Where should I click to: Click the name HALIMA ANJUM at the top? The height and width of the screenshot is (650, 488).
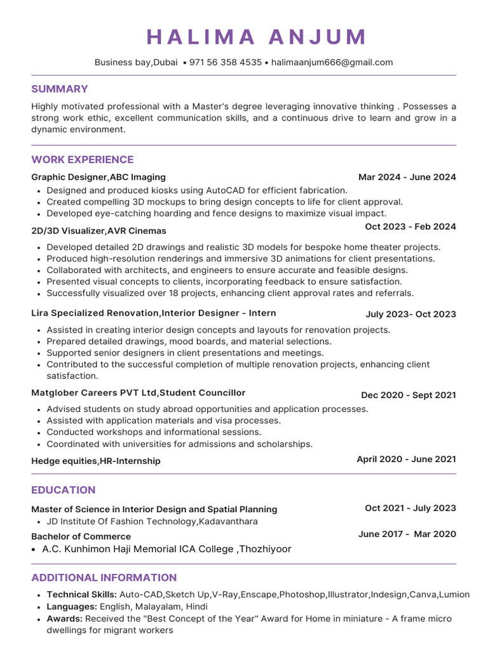coord(257,37)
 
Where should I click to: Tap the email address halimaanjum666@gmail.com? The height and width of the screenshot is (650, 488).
coord(332,62)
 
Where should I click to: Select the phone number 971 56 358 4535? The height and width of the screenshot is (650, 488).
coord(226,62)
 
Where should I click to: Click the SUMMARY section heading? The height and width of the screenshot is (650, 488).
coord(60,89)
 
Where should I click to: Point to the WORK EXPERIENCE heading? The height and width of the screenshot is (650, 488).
coord(83,159)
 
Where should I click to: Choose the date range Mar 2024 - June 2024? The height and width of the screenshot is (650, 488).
coord(407,177)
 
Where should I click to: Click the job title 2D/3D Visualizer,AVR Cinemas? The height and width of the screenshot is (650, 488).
coord(98,230)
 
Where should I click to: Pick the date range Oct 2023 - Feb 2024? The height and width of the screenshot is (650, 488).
coord(410,227)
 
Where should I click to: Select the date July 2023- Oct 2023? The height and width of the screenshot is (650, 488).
coord(410,314)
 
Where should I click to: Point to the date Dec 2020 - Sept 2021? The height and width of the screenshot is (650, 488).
coord(408,395)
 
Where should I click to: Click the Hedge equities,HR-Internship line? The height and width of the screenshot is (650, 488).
coord(95,461)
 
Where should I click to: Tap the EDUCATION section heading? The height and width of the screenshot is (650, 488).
coord(64,490)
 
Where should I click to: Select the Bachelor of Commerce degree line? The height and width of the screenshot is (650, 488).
coord(81,536)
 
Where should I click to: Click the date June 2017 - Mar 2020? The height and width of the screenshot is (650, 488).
coord(407,534)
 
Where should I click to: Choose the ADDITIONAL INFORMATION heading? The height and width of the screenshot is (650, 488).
coord(104,578)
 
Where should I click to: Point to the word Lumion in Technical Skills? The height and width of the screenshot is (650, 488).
coord(455,595)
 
